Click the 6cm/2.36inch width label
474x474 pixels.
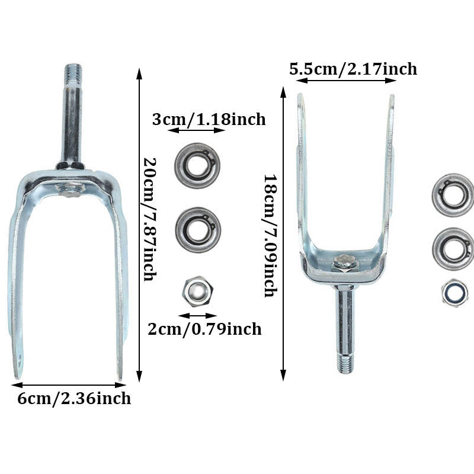tap(74, 398)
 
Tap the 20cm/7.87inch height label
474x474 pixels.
tap(150, 219)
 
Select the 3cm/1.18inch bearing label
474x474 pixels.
tap(209, 119)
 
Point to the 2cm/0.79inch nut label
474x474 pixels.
tap(204, 329)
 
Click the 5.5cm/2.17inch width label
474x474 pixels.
tap(353, 69)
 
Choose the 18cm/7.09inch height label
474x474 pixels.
tap(270, 236)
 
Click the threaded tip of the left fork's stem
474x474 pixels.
tap(73, 75)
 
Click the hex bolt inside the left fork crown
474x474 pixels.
tap(69, 190)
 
